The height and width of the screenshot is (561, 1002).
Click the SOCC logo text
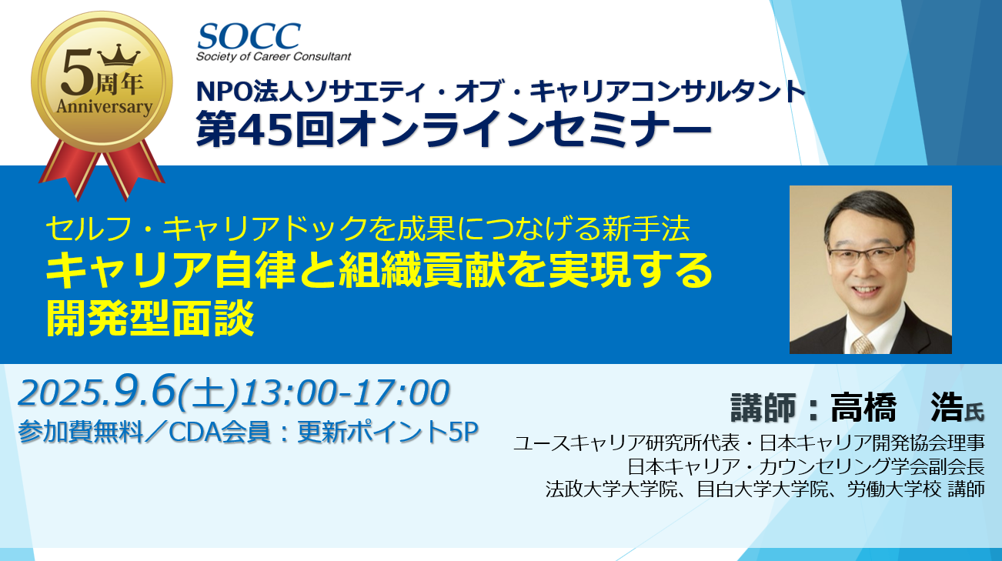pyautogui.click(x=249, y=36)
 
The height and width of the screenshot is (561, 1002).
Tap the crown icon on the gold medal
pyautogui.click(x=119, y=55)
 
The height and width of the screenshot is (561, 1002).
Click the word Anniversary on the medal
pyautogui.click(x=104, y=108)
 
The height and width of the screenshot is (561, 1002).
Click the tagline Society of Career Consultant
pyautogui.click(x=273, y=57)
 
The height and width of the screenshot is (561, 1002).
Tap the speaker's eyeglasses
pyautogui.click(x=867, y=255)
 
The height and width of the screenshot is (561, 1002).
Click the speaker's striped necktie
pyautogui.click(x=862, y=345)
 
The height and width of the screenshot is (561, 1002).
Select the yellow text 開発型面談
pyautogui.click(x=150, y=319)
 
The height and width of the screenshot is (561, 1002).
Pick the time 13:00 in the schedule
pyautogui.click(x=287, y=393)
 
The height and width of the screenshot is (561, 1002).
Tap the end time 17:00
pyautogui.click(x=400, y=393)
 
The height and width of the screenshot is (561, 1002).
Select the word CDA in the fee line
pyautogui.click(x=194, y=432)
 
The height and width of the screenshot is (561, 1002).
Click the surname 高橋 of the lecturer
pyautogui.click(x=863, y=408)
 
